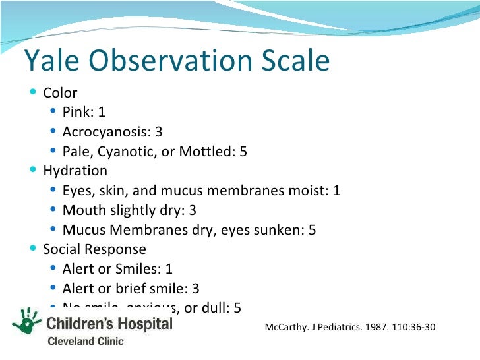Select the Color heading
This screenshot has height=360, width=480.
point(60,93)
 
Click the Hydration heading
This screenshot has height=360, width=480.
point(75,171)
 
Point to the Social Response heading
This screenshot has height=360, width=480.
point(94,249)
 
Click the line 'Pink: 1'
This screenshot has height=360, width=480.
point(84,112)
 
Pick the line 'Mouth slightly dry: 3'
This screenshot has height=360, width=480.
point(129,210)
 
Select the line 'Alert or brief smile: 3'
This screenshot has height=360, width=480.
point(131,289)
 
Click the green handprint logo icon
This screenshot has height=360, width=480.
point(26,323)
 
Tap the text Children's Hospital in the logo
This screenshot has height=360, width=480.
point(109,324)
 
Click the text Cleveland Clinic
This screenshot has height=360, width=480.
point(84,341)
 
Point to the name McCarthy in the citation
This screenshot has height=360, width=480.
point(287,327)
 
